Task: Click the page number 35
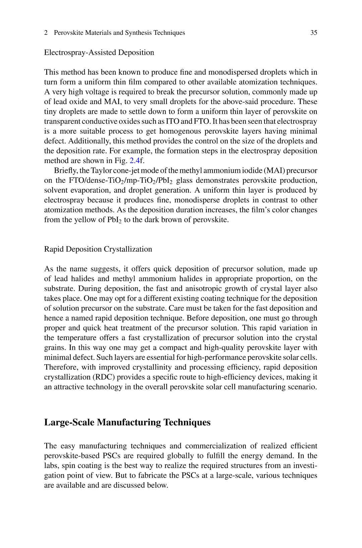coord(314,33)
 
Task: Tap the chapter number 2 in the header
coord(46,33)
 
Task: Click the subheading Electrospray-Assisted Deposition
coord(99,53)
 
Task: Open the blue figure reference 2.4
coord(134,161)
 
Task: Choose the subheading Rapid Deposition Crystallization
coord(98,249)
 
